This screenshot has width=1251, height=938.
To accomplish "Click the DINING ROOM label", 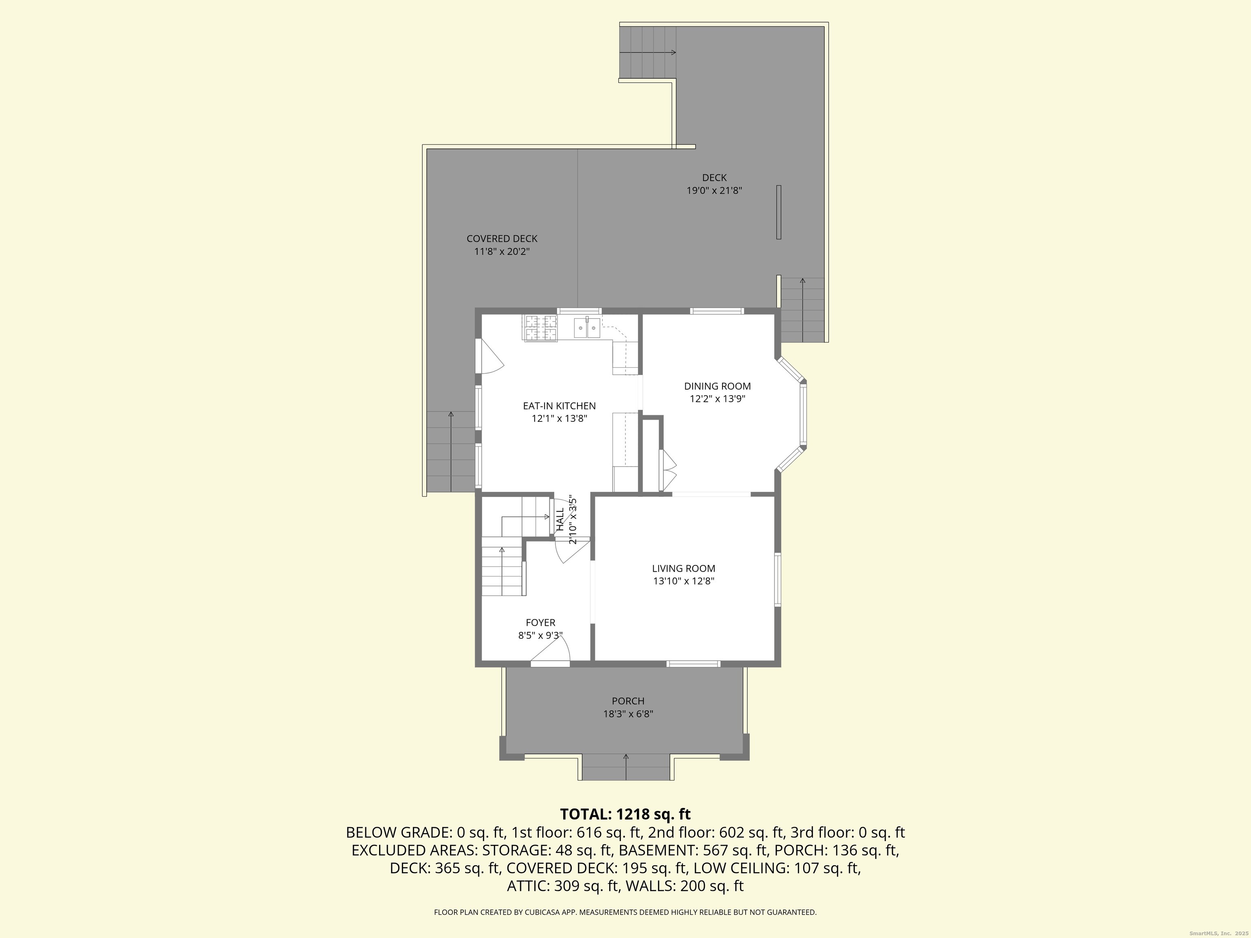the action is [717, 386].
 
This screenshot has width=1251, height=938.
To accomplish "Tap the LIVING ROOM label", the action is [684, 568].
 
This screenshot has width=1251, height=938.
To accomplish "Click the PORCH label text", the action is [628, 701].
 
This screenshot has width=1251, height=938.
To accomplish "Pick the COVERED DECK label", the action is [502, 239].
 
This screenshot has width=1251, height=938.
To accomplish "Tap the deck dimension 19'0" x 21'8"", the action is [714, 191].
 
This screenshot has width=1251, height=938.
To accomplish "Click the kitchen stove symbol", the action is [541, 328].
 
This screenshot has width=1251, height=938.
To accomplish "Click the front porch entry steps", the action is [626, 767].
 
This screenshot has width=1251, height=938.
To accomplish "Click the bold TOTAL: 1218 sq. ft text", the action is [625, 814].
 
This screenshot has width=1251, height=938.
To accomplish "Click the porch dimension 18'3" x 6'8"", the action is [628, 714].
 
